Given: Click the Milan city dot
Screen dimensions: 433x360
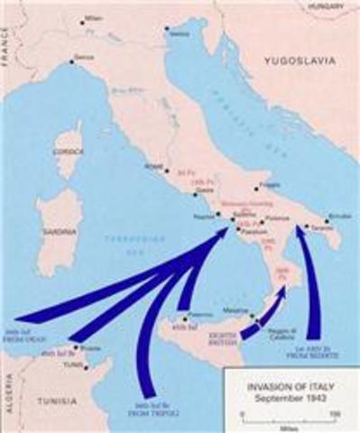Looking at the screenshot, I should (x=83, y=20).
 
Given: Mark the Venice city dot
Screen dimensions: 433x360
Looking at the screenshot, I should (x=166, y=28).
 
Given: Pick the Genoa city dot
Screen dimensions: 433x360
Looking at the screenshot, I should (x=71, y=62).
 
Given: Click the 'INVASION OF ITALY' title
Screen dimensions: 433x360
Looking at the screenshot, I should (x=279, y=386).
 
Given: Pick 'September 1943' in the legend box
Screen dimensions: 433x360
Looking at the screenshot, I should (x=279, y=397).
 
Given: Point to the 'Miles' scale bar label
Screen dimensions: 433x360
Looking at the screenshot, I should (x=288, y=427).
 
